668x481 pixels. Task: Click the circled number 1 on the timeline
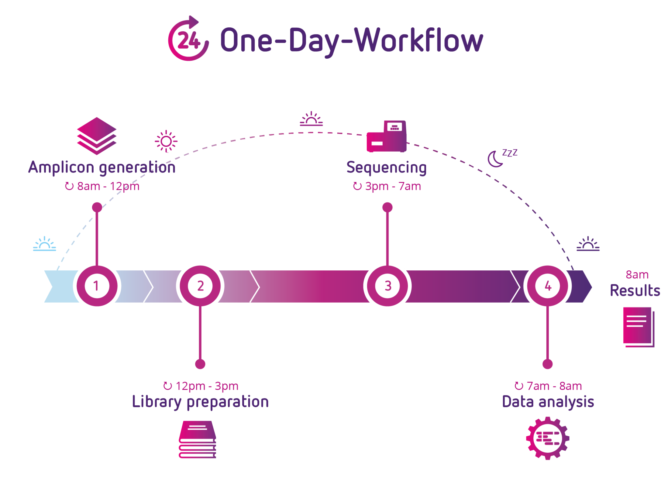pyautogui.click(x=97, y=286)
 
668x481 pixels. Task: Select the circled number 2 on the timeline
pyautogui.click(x=200, y=286)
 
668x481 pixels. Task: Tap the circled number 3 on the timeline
pyautogui.click(x=387, y=286)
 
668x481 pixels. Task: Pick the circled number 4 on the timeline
pyautogui.click(x=548, y=286)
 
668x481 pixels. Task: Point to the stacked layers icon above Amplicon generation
pyautogui.click(x=97, y=136)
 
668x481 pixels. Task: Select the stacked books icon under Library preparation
pyautogui.click(x=198, y=440)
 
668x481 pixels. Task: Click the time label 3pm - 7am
pyautogui.click(x=392, y=186)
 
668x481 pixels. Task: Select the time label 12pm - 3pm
pyautogui.click(x=206, y=386)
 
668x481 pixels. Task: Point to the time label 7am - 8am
pyautogui.click(x=554, y=386)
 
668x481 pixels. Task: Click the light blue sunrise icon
pyautogui.click(x=45, y=244)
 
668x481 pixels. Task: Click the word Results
pyautogui.click(x=635, y=290)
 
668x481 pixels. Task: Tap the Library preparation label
pyautogui.click(x=200, y=402)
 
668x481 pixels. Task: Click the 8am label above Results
pyautogui.click(x=637, y=275)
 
